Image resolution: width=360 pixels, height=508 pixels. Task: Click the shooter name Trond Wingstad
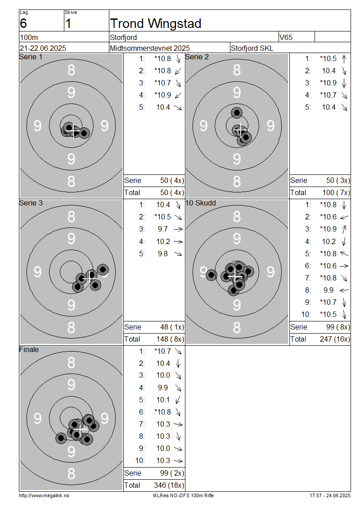coord(156,24)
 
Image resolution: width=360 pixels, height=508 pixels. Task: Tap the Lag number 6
coord(23,24)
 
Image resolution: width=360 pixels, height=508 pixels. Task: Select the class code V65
coord(286,37)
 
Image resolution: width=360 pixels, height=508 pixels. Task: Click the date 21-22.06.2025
coord(43,48)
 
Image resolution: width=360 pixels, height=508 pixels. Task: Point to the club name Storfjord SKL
coord(252,48)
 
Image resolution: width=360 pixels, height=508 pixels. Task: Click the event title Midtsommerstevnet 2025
coord(150,48)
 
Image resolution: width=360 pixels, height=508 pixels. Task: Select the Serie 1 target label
coord(31,57)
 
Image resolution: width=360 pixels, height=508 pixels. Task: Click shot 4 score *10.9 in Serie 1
coord(163,95)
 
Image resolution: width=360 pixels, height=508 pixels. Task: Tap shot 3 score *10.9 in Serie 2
coord(328,83)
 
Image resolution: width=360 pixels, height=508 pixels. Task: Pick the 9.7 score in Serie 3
coord(163,229)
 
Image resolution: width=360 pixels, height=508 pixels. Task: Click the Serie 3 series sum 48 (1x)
coord(172,327)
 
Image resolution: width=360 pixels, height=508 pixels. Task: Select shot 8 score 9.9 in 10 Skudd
coord(328,290)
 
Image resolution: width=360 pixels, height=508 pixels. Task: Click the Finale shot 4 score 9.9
coord(163,388)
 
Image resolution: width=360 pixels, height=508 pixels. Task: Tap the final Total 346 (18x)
coord(169,486)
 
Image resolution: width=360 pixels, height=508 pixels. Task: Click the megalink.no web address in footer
coord(44,495)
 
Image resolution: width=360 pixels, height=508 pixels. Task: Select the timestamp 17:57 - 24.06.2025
coord(330,495)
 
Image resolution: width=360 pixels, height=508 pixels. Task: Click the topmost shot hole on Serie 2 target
coord(237,113)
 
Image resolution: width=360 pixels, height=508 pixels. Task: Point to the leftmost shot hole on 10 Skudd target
coord(211,275)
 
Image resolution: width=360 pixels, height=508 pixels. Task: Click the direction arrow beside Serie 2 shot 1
coord(344,58)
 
